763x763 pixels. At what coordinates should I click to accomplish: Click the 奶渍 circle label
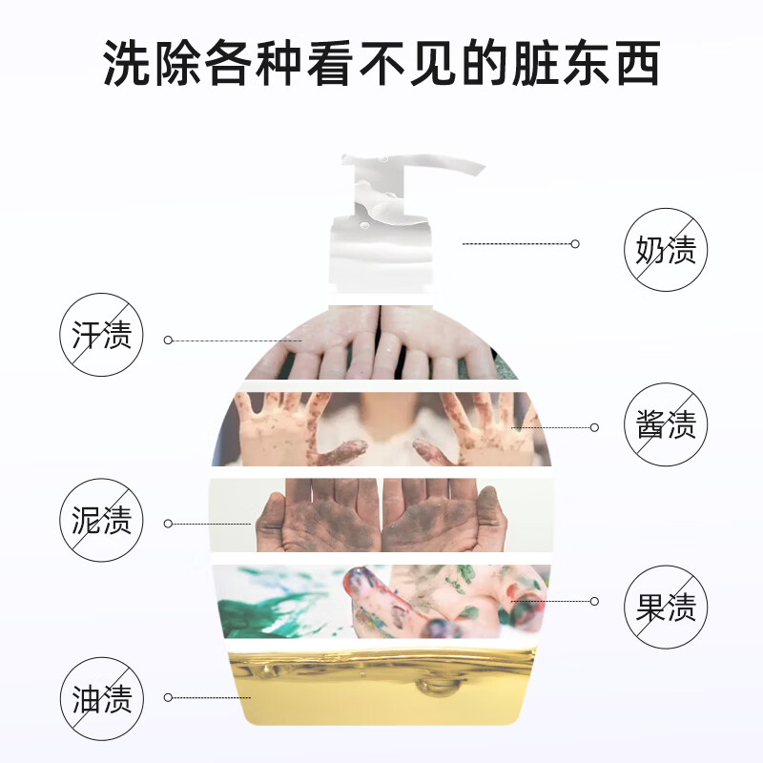[x=666, y=250]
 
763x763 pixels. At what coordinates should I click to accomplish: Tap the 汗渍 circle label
[x=101, y=335]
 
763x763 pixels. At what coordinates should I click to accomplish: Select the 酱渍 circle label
[x=666, y=423]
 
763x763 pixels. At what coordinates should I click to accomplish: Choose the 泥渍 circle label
[x=101, y=520]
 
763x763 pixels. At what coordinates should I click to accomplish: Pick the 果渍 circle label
[x=666, y=607]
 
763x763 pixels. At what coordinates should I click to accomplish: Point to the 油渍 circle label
[x=102, y=699]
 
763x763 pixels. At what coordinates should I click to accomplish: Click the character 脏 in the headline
[x=534, y=63]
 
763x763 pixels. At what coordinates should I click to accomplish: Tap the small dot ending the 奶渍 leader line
[x=575, y=244]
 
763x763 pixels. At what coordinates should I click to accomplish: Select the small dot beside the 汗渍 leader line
[x=169, y=340]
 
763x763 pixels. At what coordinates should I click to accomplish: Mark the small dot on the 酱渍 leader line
[x=594, y=427]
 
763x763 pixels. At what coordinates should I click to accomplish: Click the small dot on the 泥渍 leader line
[x=169, y=524]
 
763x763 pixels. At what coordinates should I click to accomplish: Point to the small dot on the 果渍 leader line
[x=594, y=601]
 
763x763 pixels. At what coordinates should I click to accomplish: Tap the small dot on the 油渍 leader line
[x=169, y=698]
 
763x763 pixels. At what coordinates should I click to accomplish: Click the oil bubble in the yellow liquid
[x=438, y=685]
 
